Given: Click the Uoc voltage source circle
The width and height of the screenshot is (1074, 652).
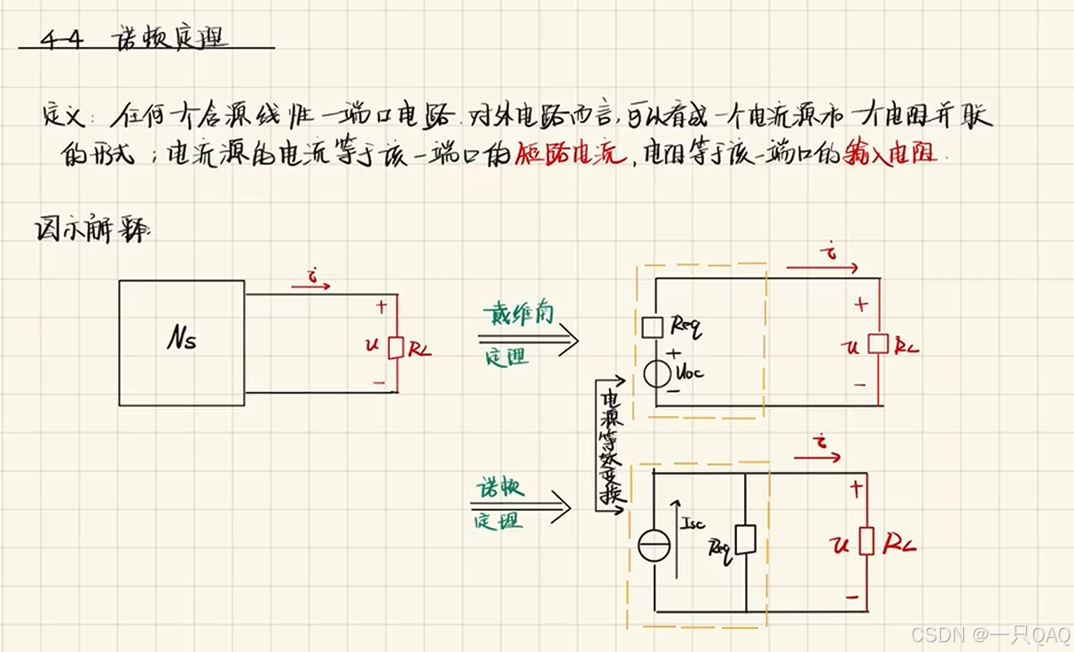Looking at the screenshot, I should pyautogui.click(x=656, y=373).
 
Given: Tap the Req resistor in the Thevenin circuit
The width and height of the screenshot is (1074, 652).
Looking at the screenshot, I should pyautogui.click(x=652, y=327).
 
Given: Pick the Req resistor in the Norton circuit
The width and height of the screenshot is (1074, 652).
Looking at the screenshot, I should pyautogui.click(x=746, y=539).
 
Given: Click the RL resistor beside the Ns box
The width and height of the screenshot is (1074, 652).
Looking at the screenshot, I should pyautogui.click(x=396, y=347).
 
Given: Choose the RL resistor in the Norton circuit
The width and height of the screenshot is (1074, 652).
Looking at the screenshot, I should pyautogui.click(x=866, y=540).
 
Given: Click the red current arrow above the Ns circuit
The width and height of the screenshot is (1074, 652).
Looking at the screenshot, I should pyautogui.click(x=310, y=286).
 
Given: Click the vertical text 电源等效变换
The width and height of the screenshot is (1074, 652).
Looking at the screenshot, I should pyautogui.click(x=610, y=448).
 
